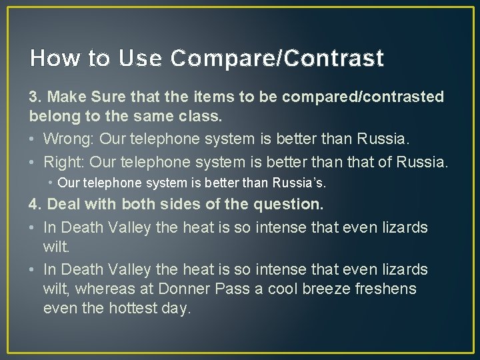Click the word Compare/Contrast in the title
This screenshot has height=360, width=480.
tap(277, 59)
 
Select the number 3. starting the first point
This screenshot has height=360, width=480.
tap(36, 97)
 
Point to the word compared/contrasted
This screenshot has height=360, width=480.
tap(363, 97)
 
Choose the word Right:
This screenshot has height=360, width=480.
tap(64, 161)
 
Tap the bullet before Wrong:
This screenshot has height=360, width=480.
tap(33, 140)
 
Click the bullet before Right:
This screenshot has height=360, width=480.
tap(33, 161)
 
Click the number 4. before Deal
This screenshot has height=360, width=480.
tap(36, 204)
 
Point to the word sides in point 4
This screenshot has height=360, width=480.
tap(169, 204)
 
